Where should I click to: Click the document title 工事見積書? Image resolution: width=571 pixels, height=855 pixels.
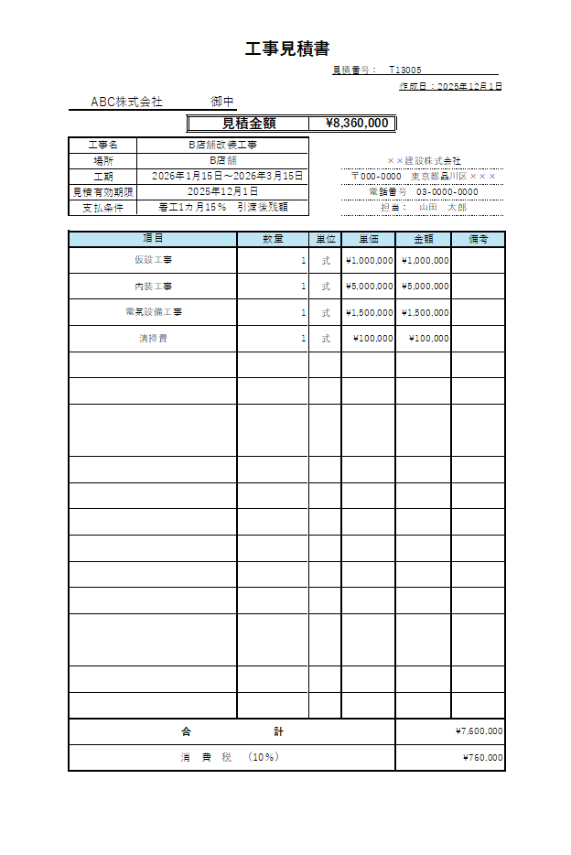click(286, 49)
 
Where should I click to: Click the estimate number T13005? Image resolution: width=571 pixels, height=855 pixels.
click(404, 70)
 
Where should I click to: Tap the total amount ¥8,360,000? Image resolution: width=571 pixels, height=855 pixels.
click(357, 124)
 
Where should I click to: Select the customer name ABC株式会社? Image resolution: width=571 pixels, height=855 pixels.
click(126, 102)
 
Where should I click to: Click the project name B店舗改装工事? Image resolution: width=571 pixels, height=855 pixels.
click(222, 145)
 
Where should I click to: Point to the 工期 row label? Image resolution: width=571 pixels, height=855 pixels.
click(102, 176)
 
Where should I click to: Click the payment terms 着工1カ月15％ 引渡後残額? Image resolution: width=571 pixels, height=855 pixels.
click(222, 208)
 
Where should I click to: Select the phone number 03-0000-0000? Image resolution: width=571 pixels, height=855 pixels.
click(447, 192)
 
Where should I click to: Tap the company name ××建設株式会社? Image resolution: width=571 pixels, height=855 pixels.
click(424, 161)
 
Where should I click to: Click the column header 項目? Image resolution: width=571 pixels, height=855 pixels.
click(153, 239)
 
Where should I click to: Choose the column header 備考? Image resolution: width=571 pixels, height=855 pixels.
click(478, 239)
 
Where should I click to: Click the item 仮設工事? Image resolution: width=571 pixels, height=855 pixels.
click(153, 260)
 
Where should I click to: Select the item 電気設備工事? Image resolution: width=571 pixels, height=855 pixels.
click(153, 312)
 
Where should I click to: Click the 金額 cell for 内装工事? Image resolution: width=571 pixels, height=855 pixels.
click(425, 287)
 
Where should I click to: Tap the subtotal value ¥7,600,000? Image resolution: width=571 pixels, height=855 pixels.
click(479, 731)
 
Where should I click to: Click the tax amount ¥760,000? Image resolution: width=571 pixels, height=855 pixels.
click(482, 758)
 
